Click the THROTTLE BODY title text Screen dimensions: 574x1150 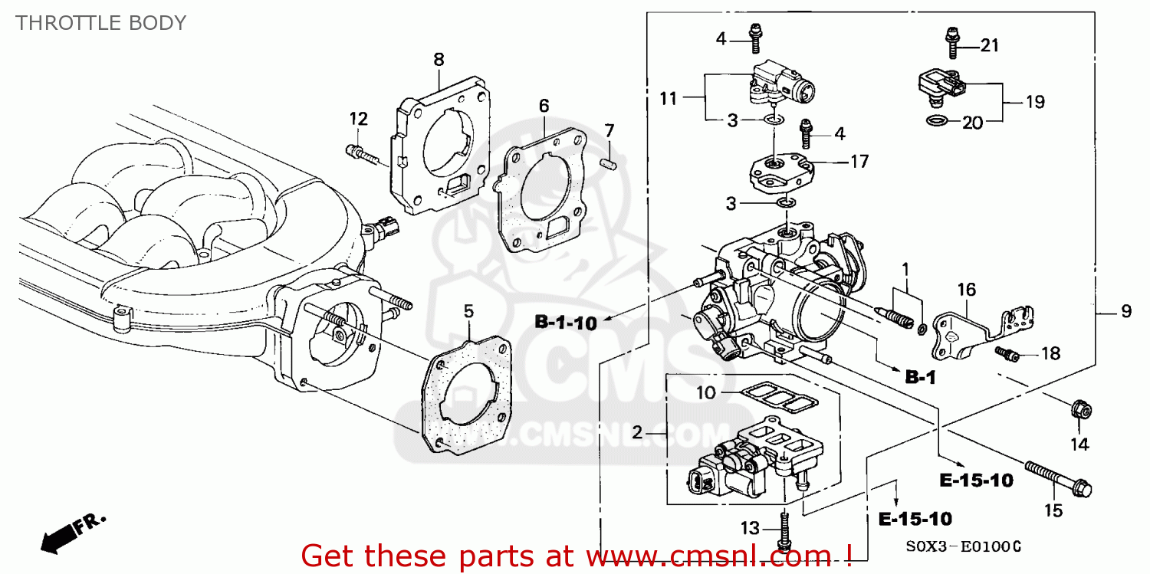100,23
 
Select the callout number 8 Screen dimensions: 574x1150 439,59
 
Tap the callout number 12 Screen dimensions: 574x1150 359,119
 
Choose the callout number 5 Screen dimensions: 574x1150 468,310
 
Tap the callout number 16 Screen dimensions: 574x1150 967,289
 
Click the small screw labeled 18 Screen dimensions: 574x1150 1007,353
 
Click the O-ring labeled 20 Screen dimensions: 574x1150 935,120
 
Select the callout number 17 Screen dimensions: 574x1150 859,162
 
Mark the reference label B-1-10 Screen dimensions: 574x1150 565,323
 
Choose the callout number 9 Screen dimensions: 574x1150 1126,311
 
